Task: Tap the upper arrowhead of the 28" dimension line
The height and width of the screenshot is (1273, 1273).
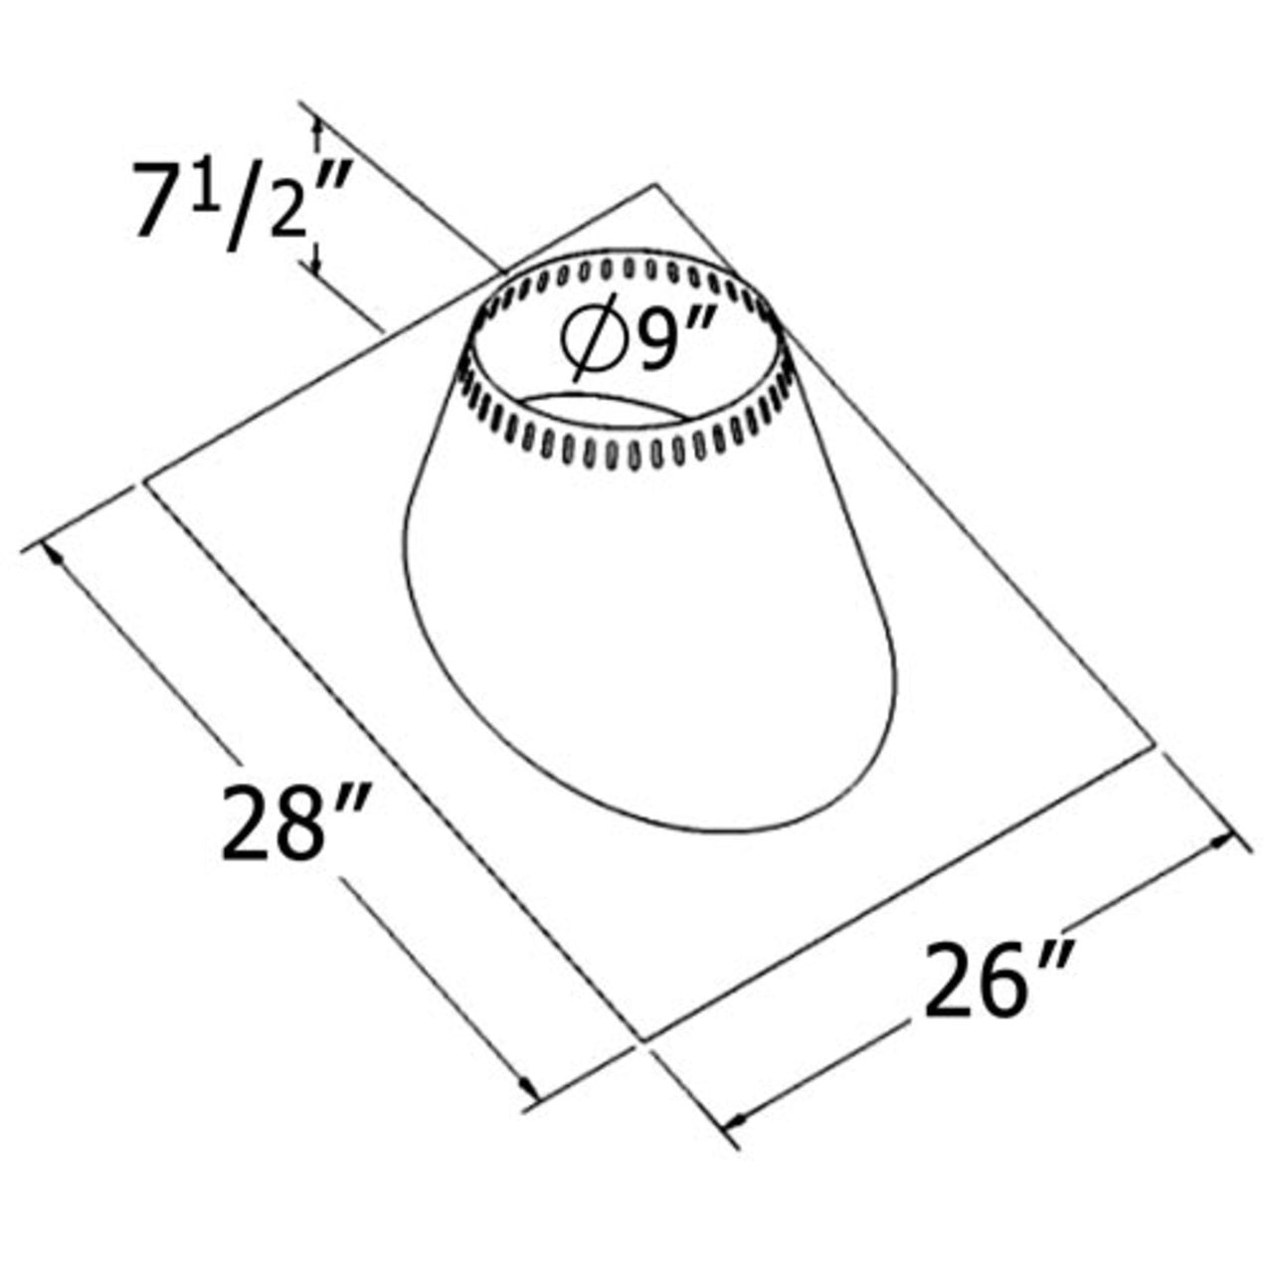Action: pos(57,554)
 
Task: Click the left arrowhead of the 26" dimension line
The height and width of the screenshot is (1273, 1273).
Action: pos(736,1121)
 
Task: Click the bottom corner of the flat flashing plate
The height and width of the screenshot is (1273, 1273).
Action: pos(644,1041)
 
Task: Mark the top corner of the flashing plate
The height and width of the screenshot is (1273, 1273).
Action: pos(655,185)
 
